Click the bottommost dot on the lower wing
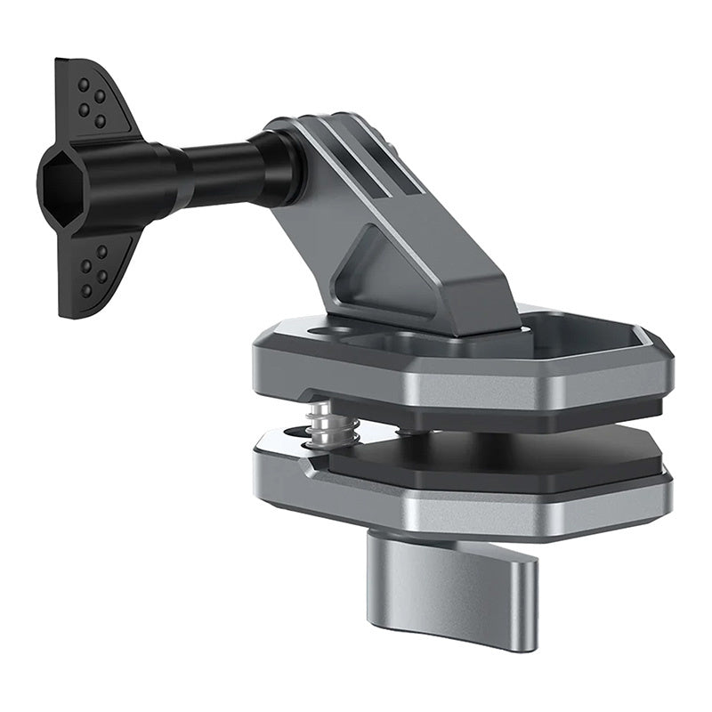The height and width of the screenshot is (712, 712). click(x=87, y=291)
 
